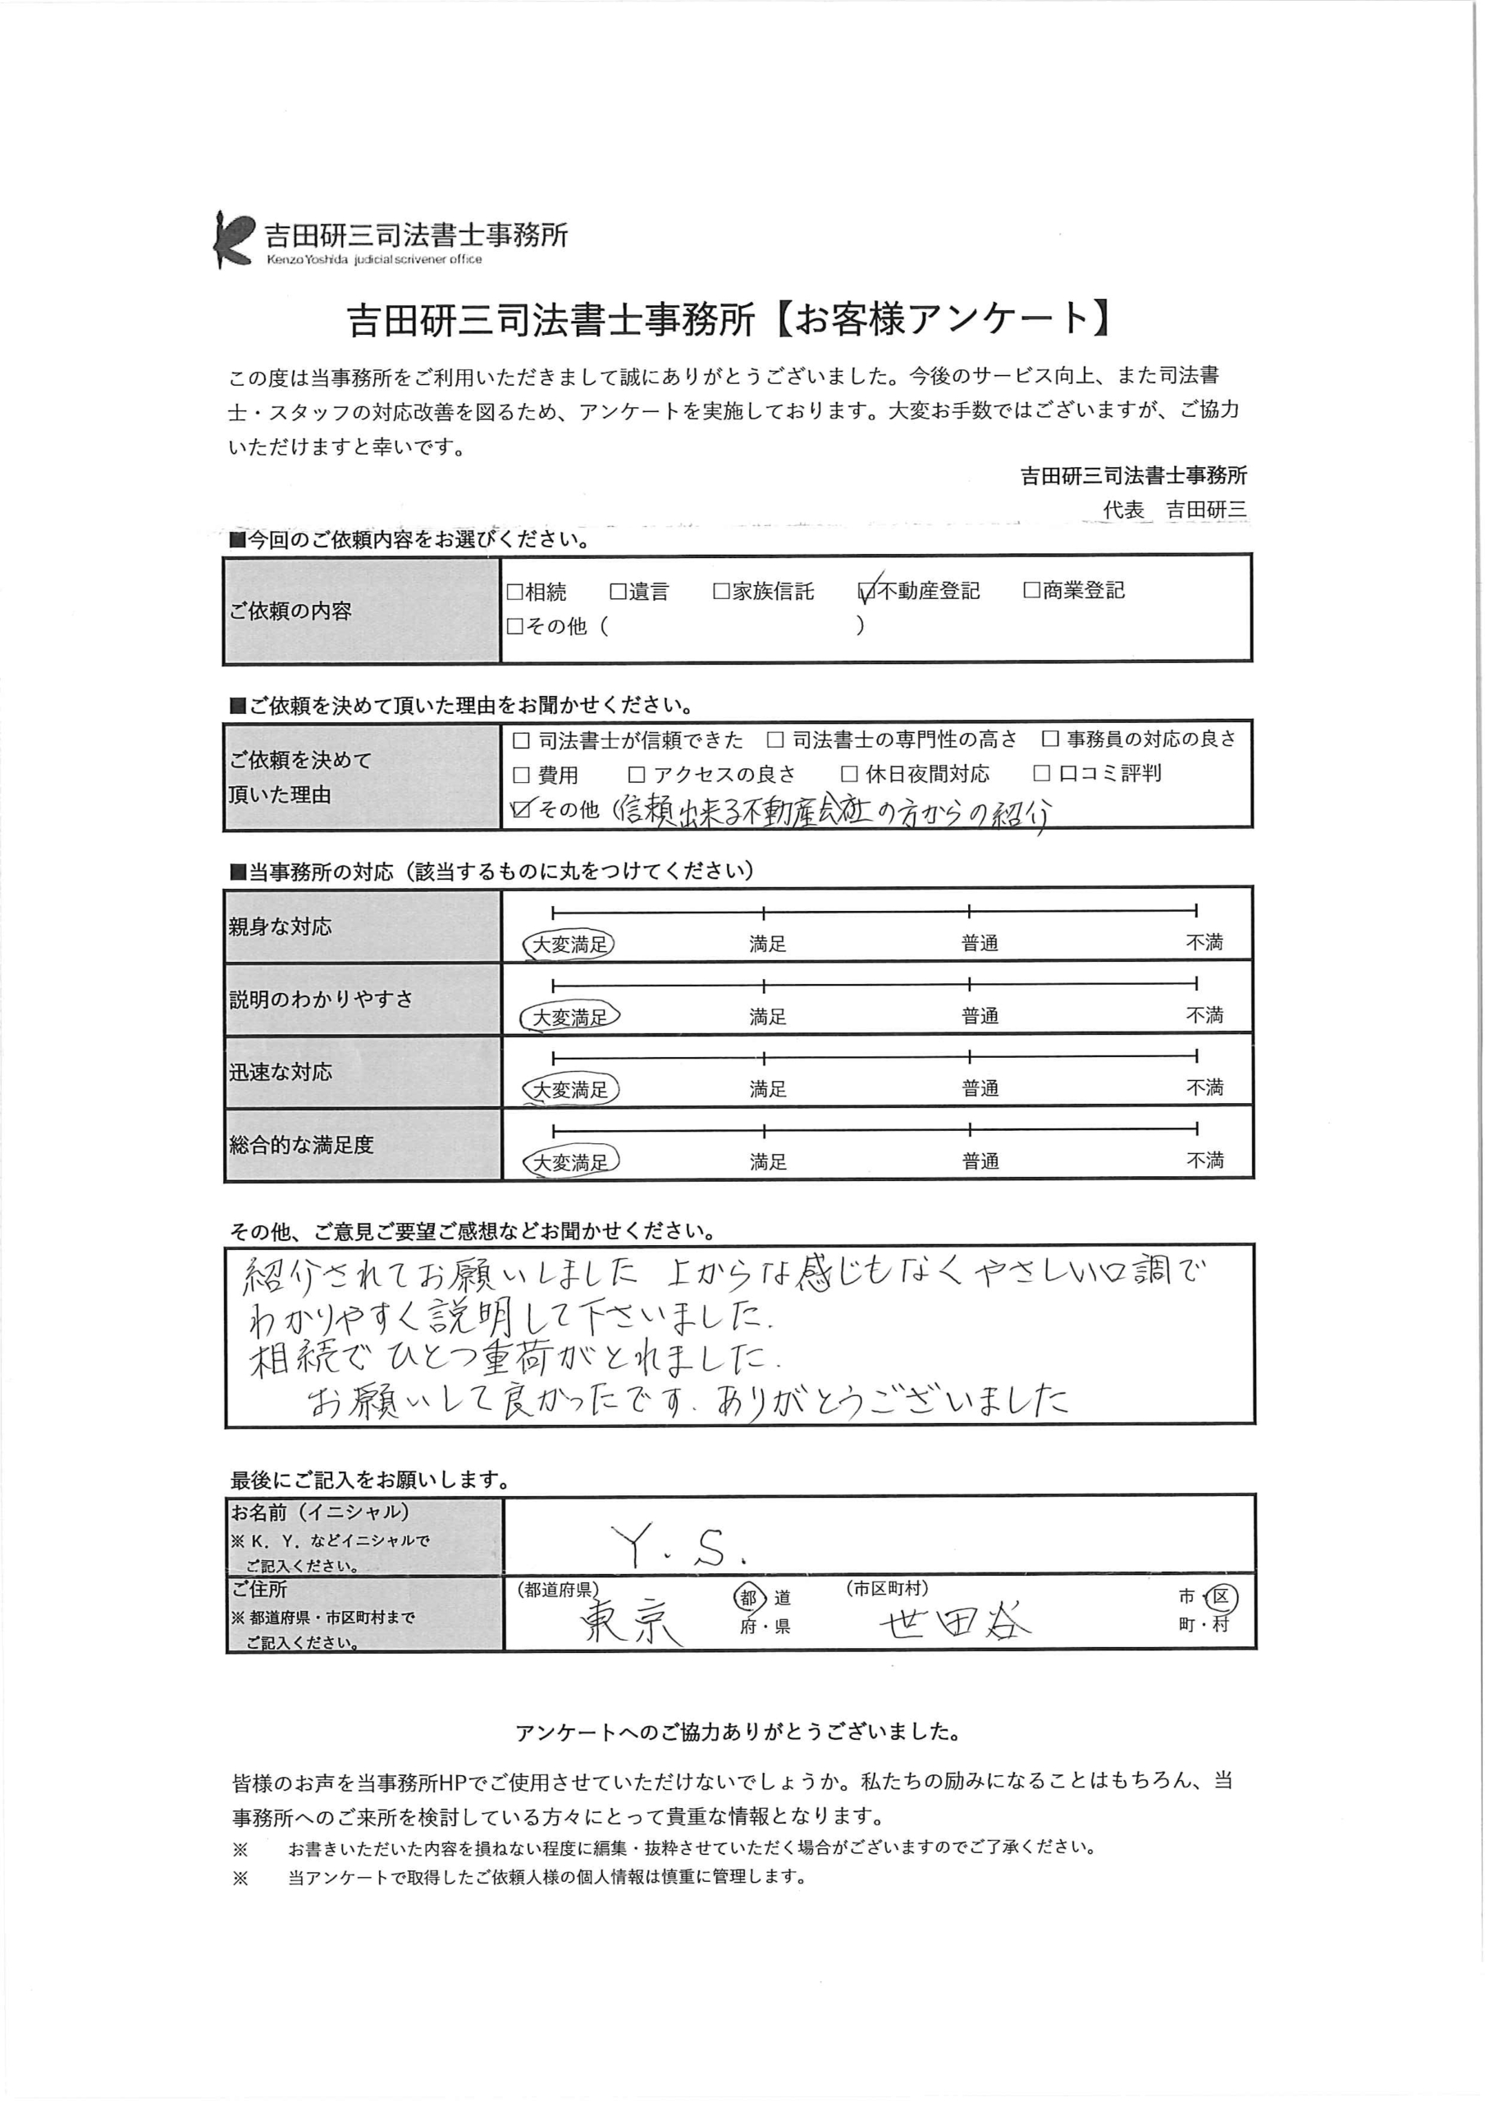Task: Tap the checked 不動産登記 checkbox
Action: tap(866, 592)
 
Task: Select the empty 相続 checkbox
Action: tap(514, 592)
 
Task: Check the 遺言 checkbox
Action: tap(618, 592)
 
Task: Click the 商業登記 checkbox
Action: tap(1031, 590)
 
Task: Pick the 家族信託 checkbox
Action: tap(721, 592)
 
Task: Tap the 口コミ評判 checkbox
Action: tap(1041, 773)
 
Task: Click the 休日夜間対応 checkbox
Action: tap(849, 774)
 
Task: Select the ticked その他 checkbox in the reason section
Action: tap(523, 809)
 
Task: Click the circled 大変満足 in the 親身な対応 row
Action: tap(569, 945)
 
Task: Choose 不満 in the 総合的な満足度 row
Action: tap(1204, 1160)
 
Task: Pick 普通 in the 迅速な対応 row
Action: tap(979, 1088)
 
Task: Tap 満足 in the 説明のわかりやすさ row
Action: tap(767, 1017)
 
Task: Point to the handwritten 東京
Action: tap(632, 1623)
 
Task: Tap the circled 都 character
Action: tap(749, 1598)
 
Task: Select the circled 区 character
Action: tap(1222, 1598)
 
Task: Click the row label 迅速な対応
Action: tap(281, 1072)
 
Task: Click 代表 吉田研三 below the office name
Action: tap(1175, 510)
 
